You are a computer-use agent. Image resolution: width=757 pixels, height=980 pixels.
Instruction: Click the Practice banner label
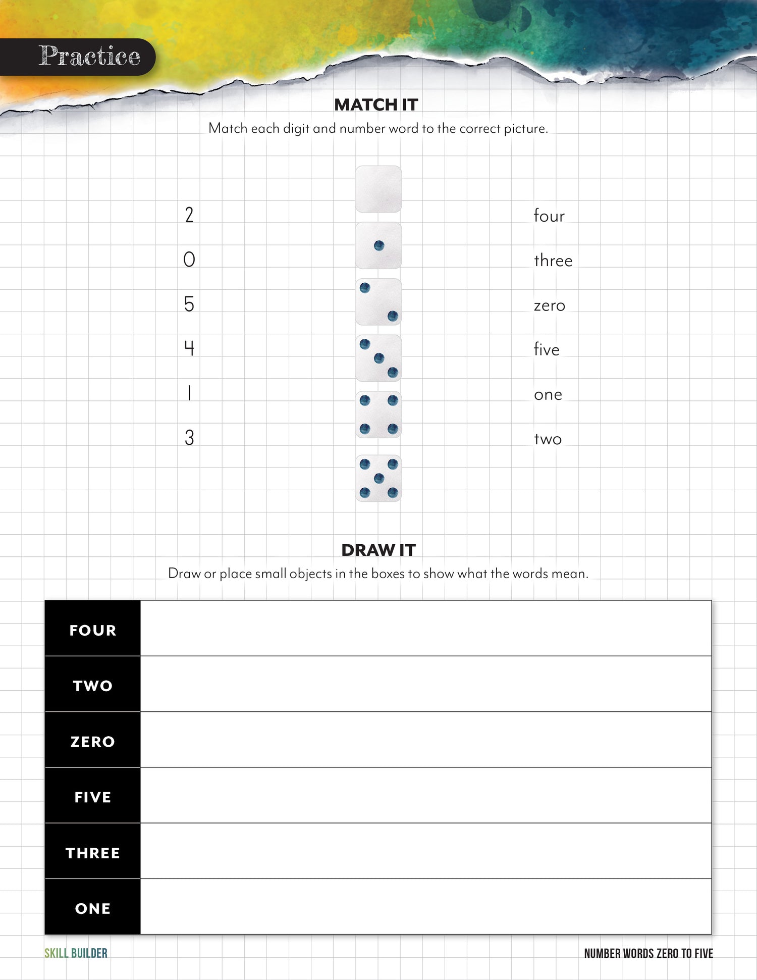click(89, 56)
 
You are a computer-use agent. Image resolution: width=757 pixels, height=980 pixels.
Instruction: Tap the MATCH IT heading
click(376, 105)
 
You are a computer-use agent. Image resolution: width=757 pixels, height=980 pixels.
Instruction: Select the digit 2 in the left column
click(189, 215)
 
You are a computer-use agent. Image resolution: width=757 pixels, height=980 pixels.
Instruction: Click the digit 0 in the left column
click(189, 260)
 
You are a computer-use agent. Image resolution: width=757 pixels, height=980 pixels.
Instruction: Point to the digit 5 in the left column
click(189, 304)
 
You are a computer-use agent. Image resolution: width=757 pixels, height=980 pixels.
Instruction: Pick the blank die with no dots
click(379, 189)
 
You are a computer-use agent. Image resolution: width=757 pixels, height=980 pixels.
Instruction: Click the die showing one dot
click(379, 246)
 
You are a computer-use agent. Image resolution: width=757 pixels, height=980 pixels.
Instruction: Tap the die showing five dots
click(379, 478)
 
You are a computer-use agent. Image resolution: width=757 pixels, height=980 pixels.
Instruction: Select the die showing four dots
click(379, 415)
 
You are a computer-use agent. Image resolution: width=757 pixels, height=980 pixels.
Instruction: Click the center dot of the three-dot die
click(379, 358)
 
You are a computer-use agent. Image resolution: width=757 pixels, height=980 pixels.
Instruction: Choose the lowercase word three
click(553, 261)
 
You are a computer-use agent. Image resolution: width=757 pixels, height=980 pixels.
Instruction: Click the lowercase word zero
click(550, 305)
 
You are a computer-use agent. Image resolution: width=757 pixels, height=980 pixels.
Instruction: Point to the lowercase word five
click(547, 349)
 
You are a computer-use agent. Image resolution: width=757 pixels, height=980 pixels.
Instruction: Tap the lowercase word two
click(548, 439)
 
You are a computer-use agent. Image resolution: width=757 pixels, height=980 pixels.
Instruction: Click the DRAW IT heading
click(379, 550)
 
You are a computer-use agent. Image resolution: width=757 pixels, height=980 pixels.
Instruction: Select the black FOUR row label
click(93, 630)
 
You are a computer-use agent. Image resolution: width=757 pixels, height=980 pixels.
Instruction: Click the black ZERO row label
click(93, 741)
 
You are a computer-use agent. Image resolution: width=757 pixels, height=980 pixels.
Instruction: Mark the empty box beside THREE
click(425, 851)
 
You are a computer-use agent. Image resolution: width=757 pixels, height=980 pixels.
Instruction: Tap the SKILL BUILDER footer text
click(76, 953)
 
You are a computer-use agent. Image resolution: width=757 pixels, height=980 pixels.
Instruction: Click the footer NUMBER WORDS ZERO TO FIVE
click(648, 953)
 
